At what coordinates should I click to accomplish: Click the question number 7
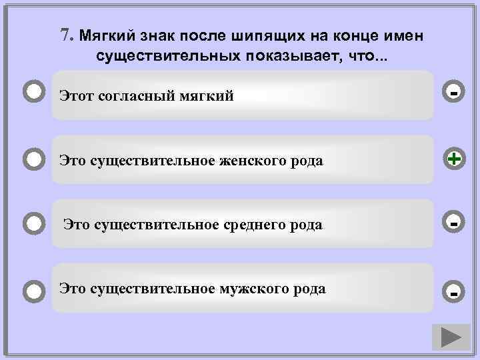[x=65, y=35]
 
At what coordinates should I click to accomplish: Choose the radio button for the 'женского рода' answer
[x=34, y=159]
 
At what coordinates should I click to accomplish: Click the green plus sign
[x=453, y=159]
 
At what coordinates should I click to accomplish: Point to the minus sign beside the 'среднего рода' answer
[x=453, y=222]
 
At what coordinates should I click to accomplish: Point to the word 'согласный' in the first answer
[x=138, y=96]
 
